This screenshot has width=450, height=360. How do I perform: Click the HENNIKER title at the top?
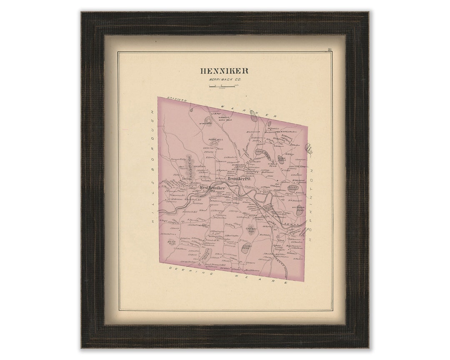(x=224, y=71)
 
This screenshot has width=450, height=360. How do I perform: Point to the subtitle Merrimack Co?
(x=224, y=79)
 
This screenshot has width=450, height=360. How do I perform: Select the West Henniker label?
(x=212, y=188)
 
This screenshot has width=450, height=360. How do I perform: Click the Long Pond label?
(x=262, y=152)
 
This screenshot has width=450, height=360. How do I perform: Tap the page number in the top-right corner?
(x=329, y=50)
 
